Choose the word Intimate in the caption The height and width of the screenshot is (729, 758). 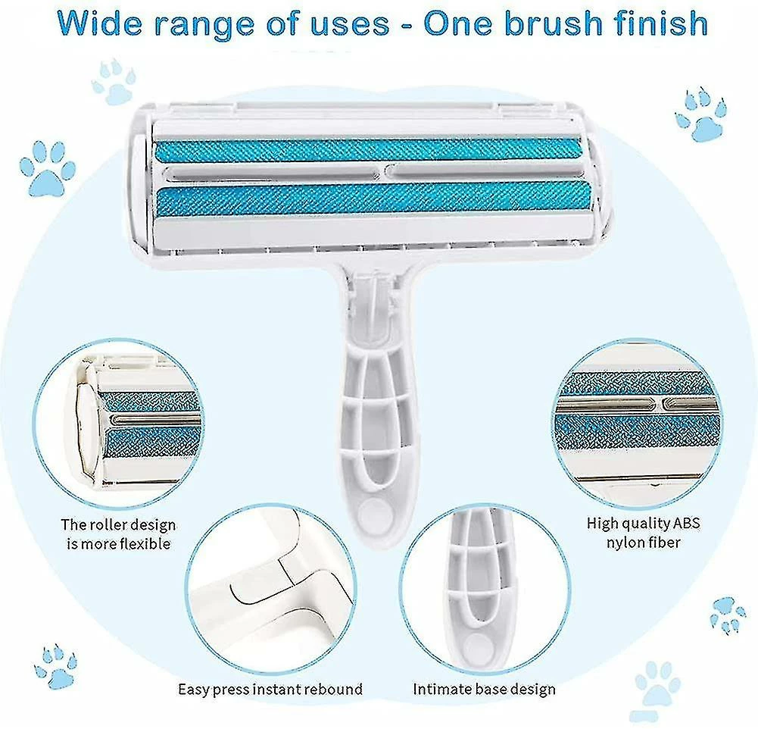coord(441,689)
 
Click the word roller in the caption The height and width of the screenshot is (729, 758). coord(111,524)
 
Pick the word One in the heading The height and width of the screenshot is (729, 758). coord(457,23)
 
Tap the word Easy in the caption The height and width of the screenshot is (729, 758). coord(194,689)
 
